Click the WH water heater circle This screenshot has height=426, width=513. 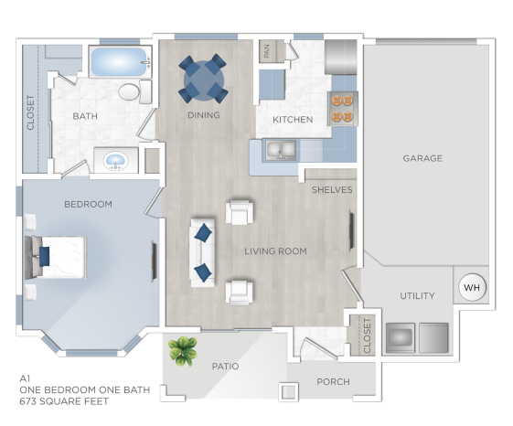click(472, 287)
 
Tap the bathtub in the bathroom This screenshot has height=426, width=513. click(119, 62)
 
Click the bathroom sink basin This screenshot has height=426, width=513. click(116, 162)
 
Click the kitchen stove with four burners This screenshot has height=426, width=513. click(343, 108)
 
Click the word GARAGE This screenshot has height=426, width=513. click(422, 158)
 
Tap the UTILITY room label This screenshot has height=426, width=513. click(417, 296)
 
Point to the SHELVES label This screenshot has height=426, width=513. click(331, 190)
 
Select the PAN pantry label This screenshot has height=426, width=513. click(266, 52)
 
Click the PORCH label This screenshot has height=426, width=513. click(333, 382)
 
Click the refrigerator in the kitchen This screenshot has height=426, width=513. click(343, 56)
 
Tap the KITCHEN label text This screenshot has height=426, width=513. click(292, 120)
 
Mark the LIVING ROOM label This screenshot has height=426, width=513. click(275, 250)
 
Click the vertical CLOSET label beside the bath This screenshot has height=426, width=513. click(31, 112)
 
